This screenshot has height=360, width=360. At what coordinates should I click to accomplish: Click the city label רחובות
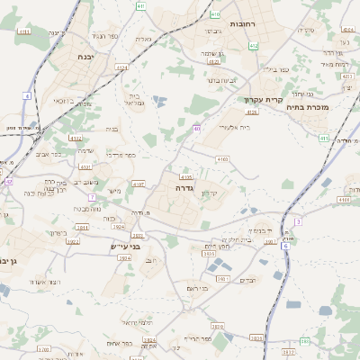tap(245, 23)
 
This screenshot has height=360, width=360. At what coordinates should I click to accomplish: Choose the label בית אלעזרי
tap(226, 128)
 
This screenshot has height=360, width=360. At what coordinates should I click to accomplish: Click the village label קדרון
tap(232, 193)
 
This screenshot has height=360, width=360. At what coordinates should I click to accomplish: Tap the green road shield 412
tap(253, 45)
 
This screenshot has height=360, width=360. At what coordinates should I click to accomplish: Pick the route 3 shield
tap(298, 221)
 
